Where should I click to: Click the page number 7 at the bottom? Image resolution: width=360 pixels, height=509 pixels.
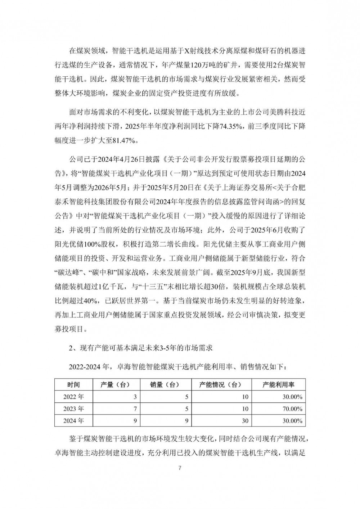point(180,468)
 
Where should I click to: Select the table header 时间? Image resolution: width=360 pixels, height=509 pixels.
point(73,385)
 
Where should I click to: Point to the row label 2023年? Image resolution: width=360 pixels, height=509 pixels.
point(73,409)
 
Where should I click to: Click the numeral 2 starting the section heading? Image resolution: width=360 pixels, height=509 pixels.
point(71,348)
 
